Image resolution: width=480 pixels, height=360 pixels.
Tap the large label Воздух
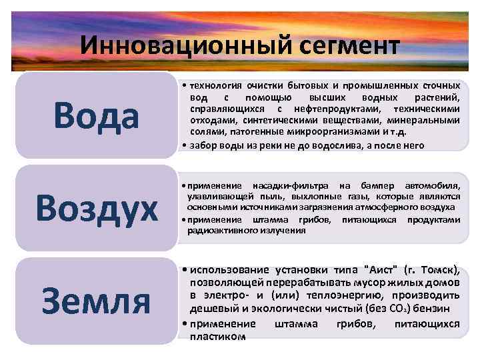pyautogui.click(x=97, y=207)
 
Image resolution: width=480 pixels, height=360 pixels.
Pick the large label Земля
pyautogui.click(x=97, y=301)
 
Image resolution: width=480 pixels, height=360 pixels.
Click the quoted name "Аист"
pyautogui.click(x=382, y=270)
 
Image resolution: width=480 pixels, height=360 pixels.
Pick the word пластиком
pyautogui.click(x=217, y=337)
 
